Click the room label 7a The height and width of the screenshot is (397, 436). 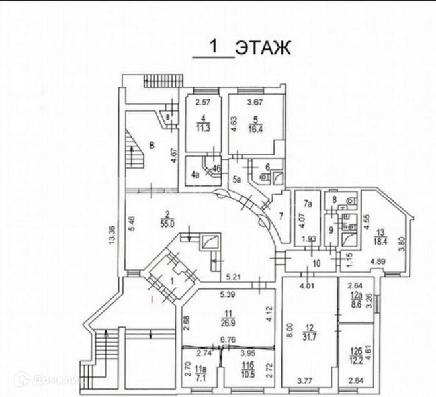tap(307, 206)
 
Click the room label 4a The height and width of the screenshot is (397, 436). tap(195, 175)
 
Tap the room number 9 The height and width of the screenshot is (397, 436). tap(331, 230)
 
